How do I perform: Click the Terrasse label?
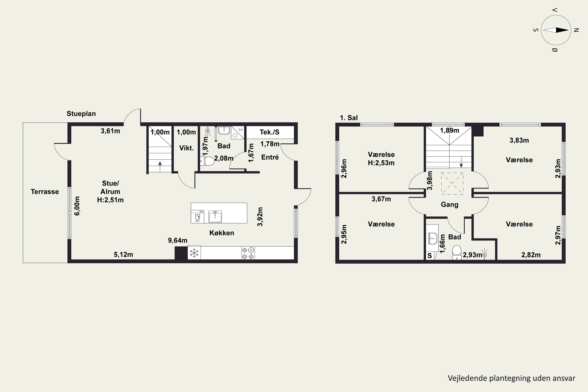(x=45, y=192)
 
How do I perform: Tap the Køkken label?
(x=222, y=233)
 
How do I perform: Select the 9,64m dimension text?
(x=178, y=240)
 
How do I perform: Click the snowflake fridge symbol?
(x=194, y=253)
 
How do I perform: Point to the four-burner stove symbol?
(x=248, y=253)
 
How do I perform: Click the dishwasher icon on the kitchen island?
(x=198, y=217)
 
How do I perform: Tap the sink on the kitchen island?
(x=215, y=217)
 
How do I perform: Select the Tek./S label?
(x=269, y=132)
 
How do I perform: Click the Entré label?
(x=270, y=157)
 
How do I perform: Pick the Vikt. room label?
(x=187, y=148)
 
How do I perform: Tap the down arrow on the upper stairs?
(x=461, y=162)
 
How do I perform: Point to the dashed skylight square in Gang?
(x=452, y=183)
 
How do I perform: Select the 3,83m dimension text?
(x=519, y=141)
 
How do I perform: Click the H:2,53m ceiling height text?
(x=381, y=163)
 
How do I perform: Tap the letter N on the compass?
(x=576, y=30)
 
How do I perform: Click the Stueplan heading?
(x=81, y=114)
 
